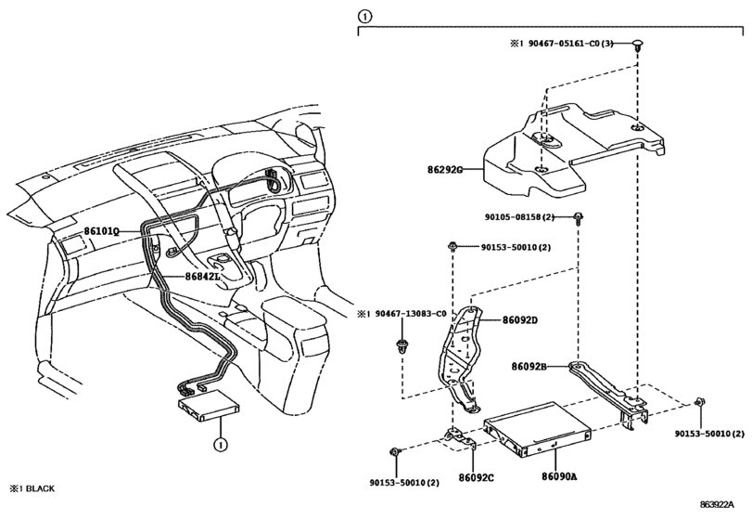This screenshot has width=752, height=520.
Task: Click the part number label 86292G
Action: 445,170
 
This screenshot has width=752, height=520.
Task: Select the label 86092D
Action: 520,319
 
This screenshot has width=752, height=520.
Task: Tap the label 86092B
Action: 529,367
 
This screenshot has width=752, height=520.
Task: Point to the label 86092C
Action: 476,477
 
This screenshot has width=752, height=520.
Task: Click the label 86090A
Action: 559,476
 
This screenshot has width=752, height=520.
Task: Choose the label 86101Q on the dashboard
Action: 101,231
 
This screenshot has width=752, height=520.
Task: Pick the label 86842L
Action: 202,277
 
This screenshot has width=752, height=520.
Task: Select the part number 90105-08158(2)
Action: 519,217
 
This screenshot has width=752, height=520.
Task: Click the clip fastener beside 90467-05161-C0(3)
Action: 637,46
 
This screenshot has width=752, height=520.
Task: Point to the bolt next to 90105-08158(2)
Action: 578,219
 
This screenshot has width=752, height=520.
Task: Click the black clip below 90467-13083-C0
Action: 401,346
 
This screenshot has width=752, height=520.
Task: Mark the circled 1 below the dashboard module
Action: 220,445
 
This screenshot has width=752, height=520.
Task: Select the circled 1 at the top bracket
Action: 364,17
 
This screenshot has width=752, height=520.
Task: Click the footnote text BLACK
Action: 40,488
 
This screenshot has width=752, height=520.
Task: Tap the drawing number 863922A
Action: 717,504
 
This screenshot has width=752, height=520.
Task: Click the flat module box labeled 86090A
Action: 537,428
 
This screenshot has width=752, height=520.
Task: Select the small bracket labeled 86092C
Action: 459,440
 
